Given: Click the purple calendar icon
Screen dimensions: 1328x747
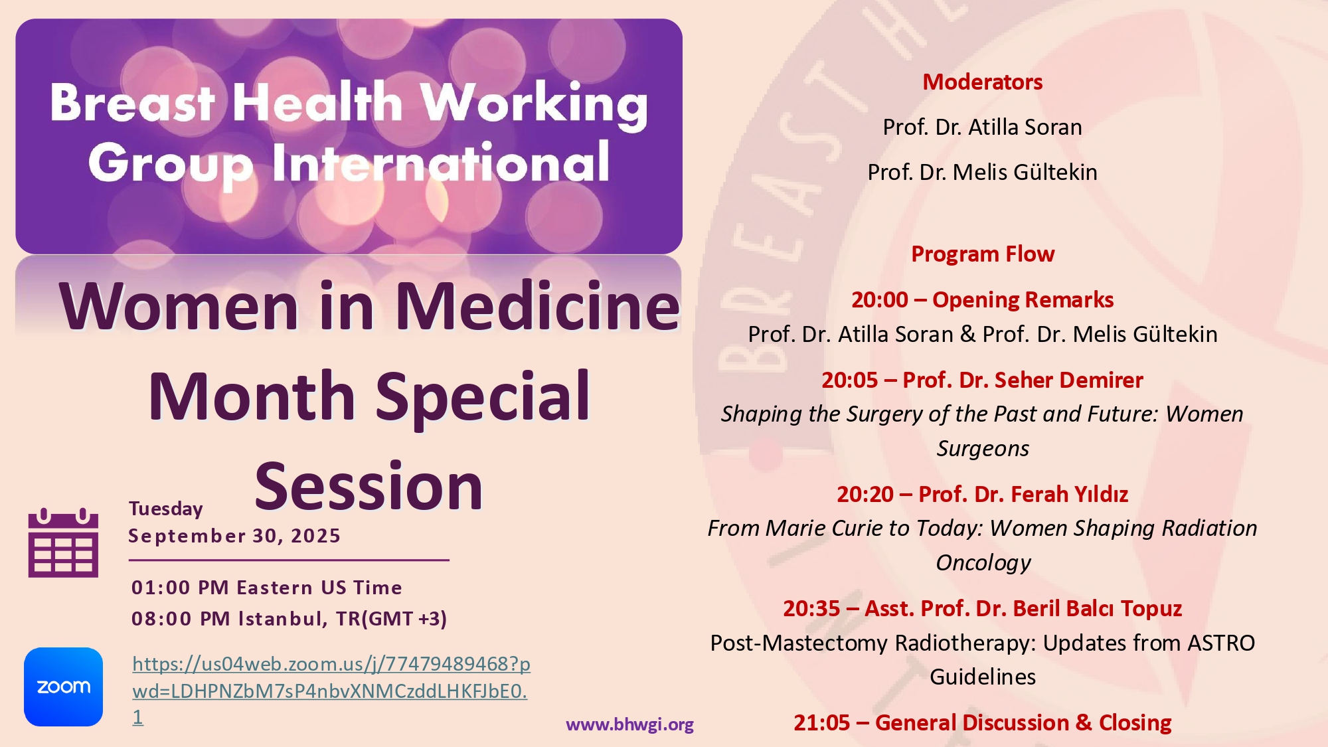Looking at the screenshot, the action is click(x=63, y=542).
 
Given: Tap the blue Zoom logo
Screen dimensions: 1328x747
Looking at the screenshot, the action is click(x=63, y=687).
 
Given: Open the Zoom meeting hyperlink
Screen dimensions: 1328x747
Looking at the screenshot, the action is click(x=331, y=691).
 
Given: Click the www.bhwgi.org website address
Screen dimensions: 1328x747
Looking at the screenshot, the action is click(x=629, y=724).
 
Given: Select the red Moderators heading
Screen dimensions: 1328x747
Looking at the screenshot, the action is click(x=983, y=82).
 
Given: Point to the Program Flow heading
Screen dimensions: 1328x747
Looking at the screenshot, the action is click(x=983, y=254).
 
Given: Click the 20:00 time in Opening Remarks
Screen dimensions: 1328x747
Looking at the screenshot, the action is click(x=880, y=299).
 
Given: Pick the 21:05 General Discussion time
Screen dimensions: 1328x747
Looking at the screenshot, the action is click(x=821, y=722).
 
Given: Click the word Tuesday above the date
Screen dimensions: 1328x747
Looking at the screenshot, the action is click(x=166, y=509).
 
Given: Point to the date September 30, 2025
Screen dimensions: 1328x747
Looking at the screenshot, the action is click(x=234, y=536).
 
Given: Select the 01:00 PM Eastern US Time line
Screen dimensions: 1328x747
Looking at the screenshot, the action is click(x=267, y=588).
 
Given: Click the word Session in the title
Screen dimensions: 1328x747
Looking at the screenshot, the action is click(x=369, y=487).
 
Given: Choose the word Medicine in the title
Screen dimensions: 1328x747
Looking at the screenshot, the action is click(x=538, y=306).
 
